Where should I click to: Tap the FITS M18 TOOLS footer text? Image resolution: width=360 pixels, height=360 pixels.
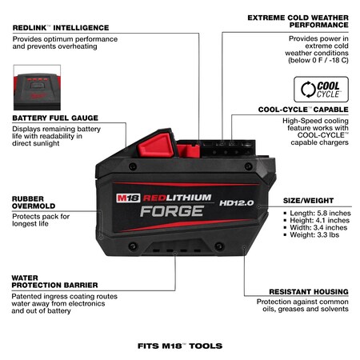point(179,346)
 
